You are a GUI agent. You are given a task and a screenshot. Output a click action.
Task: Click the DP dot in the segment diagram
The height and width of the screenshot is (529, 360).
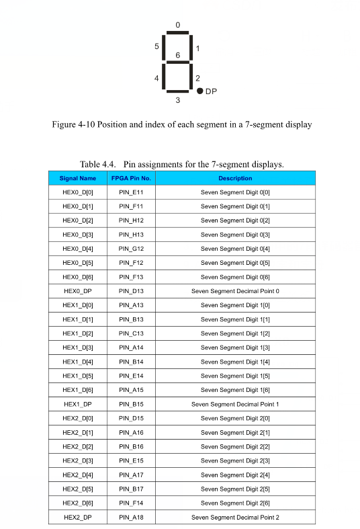pyautogui.click(x=200, y=91)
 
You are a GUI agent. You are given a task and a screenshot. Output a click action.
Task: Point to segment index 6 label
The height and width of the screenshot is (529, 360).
pyautogui.click(x=178, y=54)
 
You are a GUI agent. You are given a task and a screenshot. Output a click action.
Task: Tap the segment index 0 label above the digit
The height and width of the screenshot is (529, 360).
pyautogui.click(x=178, y=25)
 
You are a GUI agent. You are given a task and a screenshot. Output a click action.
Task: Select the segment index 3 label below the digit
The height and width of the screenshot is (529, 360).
pyautogui.click(x=178, y=101)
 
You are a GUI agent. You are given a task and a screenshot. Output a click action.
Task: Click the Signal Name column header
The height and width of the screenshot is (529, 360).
pyautogui.click(x=78, y=178)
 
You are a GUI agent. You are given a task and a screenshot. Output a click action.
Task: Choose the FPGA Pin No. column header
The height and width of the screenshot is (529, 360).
pyautogui.click(x=131, y=178)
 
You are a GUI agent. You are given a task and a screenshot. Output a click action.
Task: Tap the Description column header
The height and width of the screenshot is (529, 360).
pyautogui.click(x=235, y=178)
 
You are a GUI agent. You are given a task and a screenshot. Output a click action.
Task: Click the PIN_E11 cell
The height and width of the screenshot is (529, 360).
pyautogui.click(x=131, y=192)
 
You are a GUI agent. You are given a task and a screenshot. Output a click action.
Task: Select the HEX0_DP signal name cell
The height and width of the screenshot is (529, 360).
pyautogui.click(x=78, y=291)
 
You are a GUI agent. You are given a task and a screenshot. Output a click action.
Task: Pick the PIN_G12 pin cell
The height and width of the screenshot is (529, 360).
pyautogui.click(x=131, y=249)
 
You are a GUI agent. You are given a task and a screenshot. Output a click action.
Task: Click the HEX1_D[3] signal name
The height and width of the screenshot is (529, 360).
pyautogui.click(x=78, y=348)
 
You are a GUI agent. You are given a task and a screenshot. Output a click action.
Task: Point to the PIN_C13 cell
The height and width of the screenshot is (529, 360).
pyautogui.click(x=131, y=333)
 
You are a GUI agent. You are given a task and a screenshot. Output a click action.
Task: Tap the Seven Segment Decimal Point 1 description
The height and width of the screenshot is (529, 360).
pyautogui.click(x=235, y=404)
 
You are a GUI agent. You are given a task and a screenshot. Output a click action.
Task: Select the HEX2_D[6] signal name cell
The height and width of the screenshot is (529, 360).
pyautogui.click(x=78, y=503)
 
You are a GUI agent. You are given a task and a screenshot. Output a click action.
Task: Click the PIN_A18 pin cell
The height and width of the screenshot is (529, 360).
pyautogui.click(x=131, y=517)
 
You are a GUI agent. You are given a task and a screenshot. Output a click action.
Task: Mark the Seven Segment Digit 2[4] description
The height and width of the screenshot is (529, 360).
pyautogui.click(x=235, y=475)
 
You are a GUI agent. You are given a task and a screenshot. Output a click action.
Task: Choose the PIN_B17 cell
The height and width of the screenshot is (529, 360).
pyautogui.click(x=131, y=489)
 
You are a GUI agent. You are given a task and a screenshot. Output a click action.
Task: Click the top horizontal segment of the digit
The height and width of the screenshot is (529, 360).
pyautogui.click(x=178, y=33)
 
